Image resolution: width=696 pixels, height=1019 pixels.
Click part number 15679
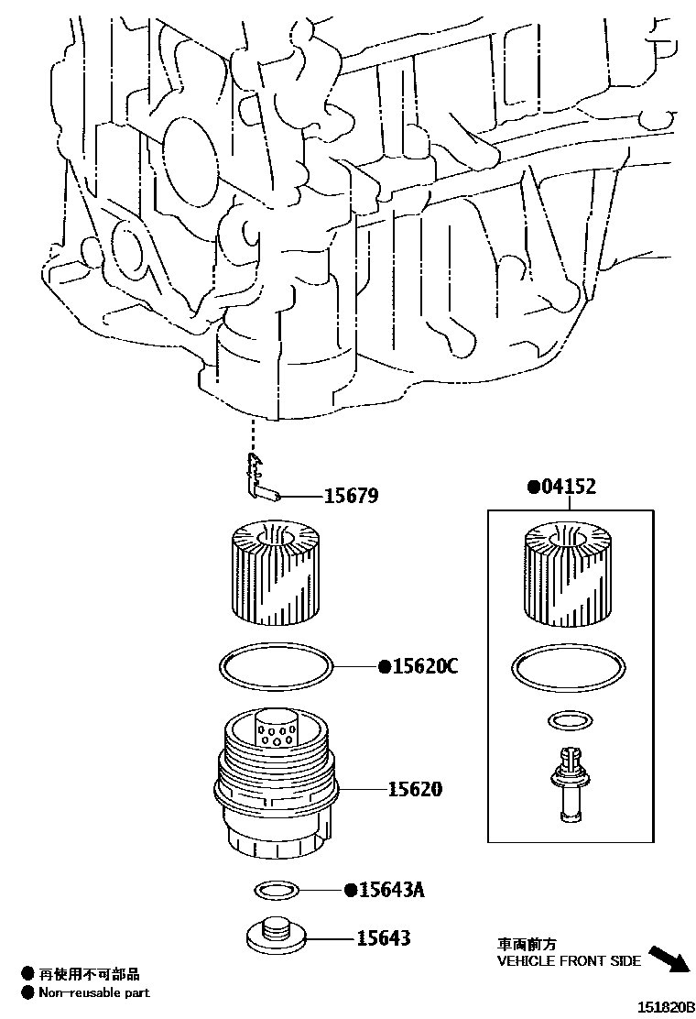[351, 497]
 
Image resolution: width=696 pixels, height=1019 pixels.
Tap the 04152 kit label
[566, 487]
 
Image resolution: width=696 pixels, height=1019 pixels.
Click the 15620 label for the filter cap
[415, 788]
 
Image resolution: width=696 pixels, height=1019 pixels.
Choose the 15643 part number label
[384, 938]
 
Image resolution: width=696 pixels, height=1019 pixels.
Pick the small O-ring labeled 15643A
[276, 890]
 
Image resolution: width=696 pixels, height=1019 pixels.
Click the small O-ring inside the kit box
[568, 721]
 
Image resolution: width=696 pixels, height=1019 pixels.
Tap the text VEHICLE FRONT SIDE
[568, 961]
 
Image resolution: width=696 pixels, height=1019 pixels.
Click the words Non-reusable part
[94, 992]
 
